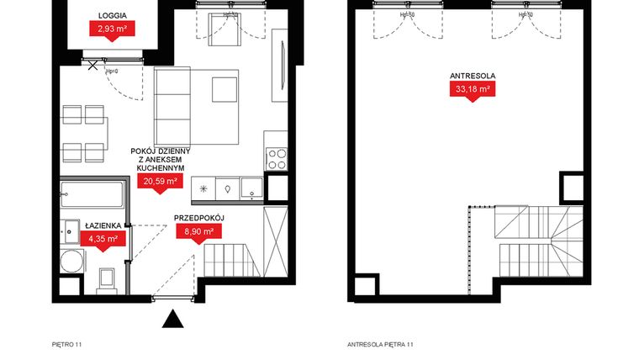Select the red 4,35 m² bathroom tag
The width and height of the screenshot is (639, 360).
tap(106, 238)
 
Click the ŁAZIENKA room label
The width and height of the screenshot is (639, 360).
tap(106, 225)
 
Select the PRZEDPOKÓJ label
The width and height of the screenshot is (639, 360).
tap(198, 217)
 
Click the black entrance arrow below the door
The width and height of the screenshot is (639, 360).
tap(172, 319)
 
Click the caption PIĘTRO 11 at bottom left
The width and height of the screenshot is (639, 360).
tap(67, 344)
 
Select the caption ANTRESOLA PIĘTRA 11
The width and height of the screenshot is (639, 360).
tap(381, 344)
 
